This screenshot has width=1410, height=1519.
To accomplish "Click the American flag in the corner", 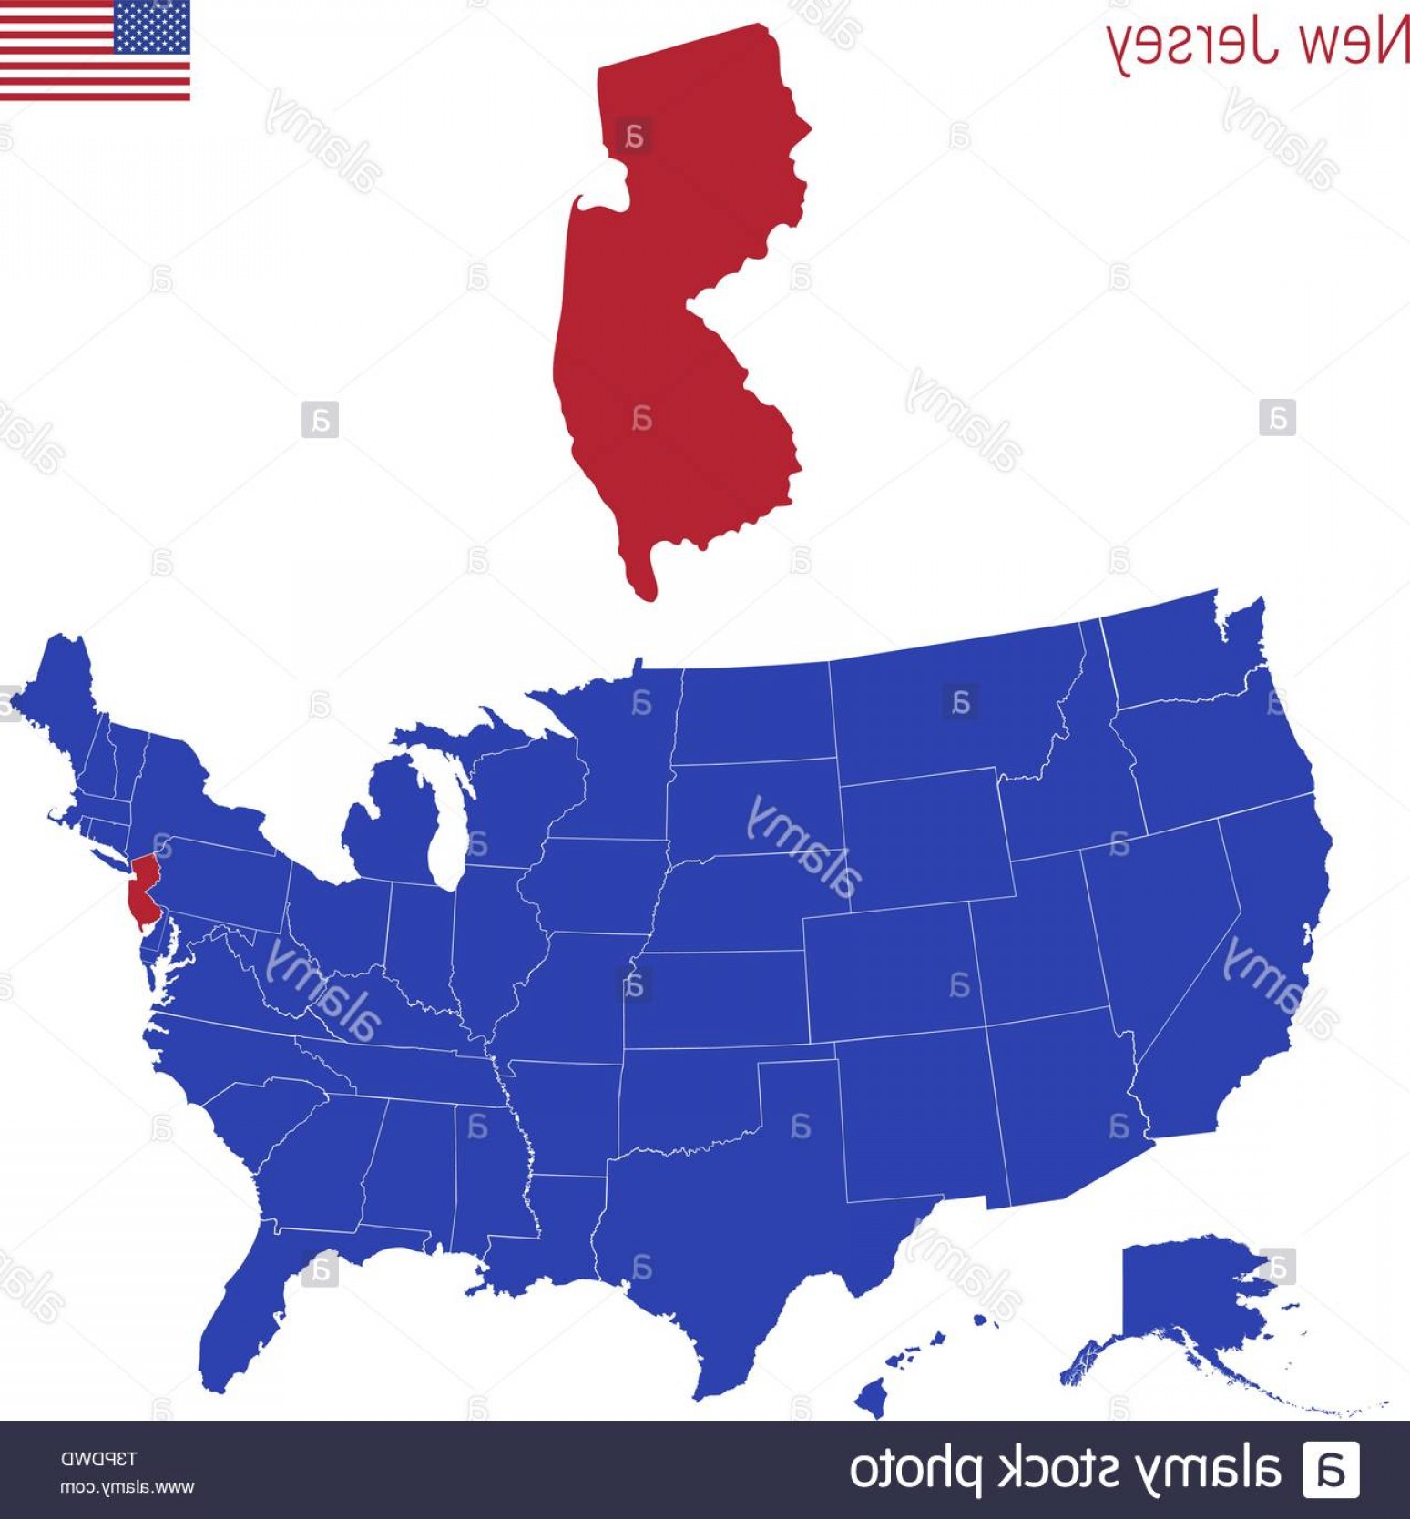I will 95,50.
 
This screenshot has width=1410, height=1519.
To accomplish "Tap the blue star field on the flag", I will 152,26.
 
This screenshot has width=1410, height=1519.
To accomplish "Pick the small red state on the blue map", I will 143,888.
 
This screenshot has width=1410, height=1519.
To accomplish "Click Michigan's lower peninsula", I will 383,820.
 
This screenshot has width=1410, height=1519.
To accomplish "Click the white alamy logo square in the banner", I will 1331,1470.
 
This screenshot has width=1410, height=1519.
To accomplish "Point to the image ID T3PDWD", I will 98,1459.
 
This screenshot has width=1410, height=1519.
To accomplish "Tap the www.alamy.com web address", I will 127,1488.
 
